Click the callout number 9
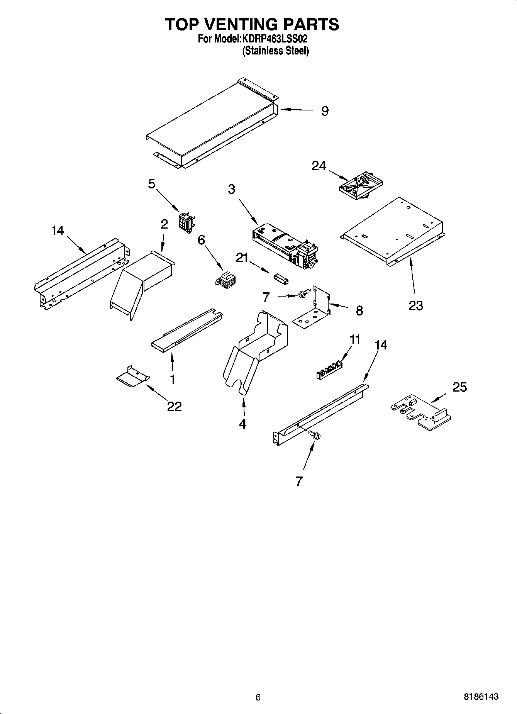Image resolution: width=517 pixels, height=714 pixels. (325, 111)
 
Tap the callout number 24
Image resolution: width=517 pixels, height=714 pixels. (319, 166)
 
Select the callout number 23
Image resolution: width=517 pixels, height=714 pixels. (416, 305)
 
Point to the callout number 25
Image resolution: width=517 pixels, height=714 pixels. (459, 387)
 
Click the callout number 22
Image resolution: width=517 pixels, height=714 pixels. (174, 406)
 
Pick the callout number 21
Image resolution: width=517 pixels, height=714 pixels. (242, 258)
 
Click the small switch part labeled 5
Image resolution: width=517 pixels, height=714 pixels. (186, 223)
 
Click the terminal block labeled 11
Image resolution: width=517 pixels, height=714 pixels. (329, 370)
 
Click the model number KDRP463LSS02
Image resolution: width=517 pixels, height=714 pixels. (275, 39)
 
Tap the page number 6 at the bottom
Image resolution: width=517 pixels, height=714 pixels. (258, 697)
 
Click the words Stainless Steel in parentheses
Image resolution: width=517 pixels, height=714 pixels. (275, 51)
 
